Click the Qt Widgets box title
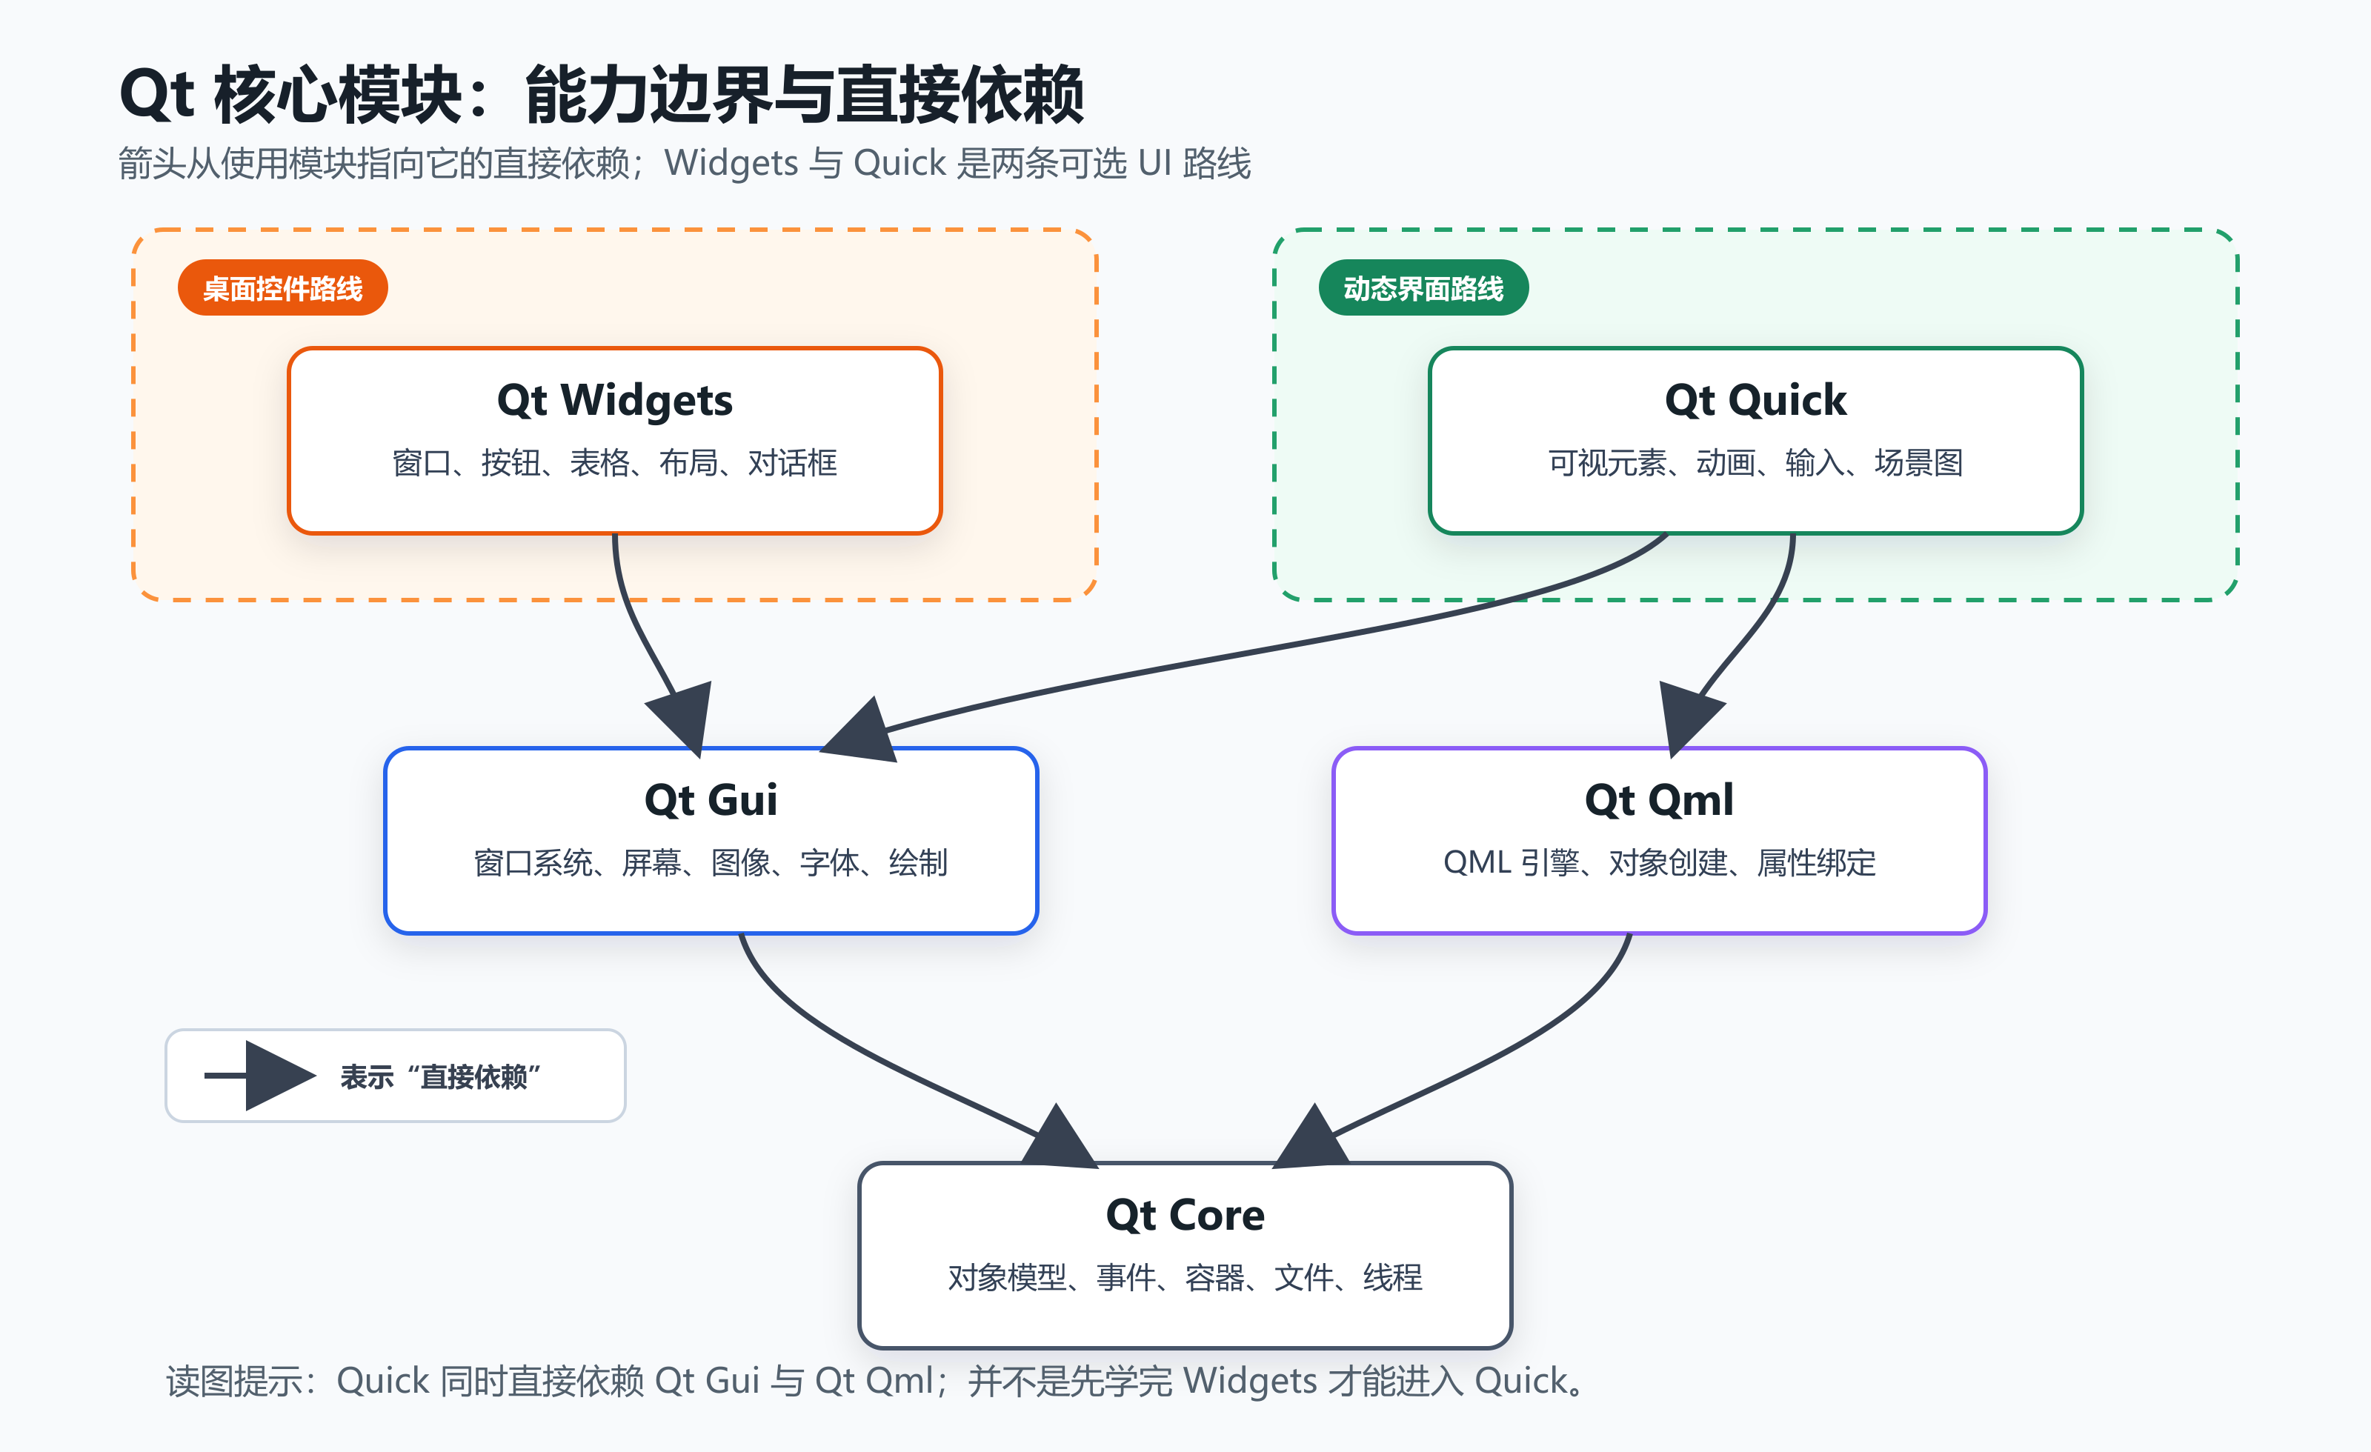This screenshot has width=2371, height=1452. click(x=614, y=400)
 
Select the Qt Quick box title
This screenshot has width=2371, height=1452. click(x=1755, y=400)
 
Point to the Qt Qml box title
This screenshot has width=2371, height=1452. click(x=1659, y=799)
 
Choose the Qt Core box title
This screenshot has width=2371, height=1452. click(x=1185, y=1215)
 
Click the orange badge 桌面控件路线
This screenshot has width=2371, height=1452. click(x=283, y=287)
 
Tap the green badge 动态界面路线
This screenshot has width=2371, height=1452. click(x=1423, y=287)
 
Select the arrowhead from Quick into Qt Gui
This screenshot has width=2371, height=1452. click(x=859, y=731)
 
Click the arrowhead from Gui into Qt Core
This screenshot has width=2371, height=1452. click(x=1059, y=1139)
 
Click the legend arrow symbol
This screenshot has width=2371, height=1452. click(x=260, y=1076)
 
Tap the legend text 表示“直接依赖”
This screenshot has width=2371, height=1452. click(x=440, y=1076)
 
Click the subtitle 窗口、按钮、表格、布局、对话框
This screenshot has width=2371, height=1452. click(x=614, y=463)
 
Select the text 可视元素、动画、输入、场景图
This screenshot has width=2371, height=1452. click(x=1755, y=463)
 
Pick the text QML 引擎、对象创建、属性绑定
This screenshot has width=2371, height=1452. click(x=1659, y=862)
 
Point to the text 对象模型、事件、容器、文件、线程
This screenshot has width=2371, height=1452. click(x=1185, y=1278)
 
